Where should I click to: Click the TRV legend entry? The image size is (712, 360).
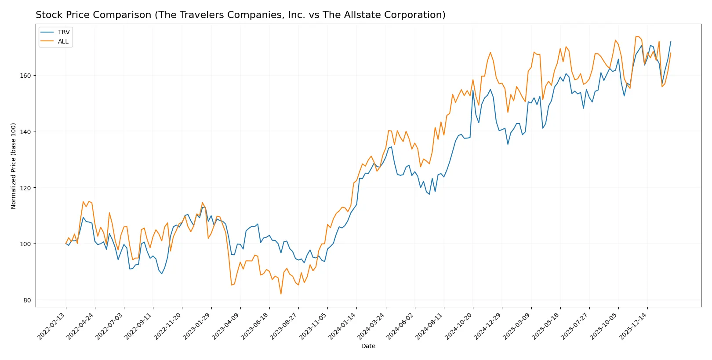(63, 32)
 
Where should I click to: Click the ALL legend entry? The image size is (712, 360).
(63, 41)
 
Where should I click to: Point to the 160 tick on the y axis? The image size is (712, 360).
(25, 76)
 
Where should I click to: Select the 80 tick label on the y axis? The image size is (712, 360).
(27, 300)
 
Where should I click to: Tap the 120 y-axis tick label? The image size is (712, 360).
(25, 188)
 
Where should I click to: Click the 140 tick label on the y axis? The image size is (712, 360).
(25, 132)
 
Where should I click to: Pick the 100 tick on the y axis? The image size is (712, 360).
(25, 244)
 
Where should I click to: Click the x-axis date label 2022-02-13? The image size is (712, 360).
(52, 326)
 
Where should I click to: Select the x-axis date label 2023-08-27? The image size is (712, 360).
(284, 326)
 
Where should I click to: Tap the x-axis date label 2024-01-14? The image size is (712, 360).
(342, 326)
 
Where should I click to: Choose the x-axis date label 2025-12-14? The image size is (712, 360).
(633, 326)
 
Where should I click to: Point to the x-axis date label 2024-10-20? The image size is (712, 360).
(459, 326)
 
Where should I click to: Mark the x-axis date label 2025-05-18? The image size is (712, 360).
(546, 326)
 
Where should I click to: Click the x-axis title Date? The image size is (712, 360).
(368, 346)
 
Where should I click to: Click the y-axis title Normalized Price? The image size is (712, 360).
(13, 166)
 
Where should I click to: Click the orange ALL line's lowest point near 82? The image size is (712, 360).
(281, 294)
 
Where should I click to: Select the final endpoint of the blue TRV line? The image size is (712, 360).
(671, 42)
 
